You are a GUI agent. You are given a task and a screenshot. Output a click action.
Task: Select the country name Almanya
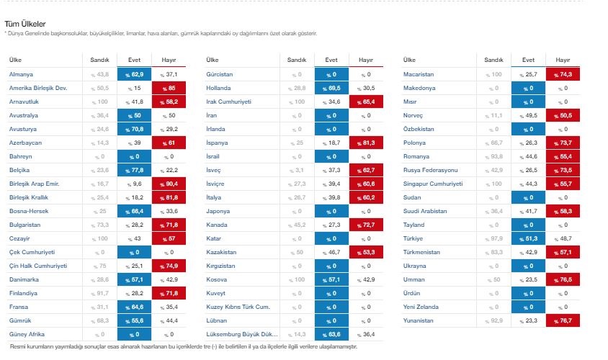21,74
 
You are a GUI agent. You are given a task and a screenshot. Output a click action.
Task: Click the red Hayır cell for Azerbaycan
169,143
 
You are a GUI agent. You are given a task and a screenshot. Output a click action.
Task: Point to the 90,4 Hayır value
169,184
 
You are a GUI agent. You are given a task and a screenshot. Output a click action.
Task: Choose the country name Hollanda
219,88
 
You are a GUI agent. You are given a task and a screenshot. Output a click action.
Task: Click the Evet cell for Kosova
331,279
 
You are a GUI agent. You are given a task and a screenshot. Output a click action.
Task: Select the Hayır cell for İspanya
366,143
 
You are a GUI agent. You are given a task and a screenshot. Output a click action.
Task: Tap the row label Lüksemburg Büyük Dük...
241,334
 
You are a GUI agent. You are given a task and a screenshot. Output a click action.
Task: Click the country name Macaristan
419,74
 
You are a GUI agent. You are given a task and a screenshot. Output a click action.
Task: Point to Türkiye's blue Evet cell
529,238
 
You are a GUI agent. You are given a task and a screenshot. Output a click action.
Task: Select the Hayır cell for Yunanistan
564,320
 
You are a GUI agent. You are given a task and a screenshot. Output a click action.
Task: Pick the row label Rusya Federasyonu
431,170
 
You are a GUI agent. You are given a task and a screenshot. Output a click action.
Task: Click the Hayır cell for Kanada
366,225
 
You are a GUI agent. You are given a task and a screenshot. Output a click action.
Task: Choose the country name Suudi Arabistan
426,211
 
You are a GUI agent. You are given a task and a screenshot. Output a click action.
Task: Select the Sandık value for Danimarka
100,279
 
